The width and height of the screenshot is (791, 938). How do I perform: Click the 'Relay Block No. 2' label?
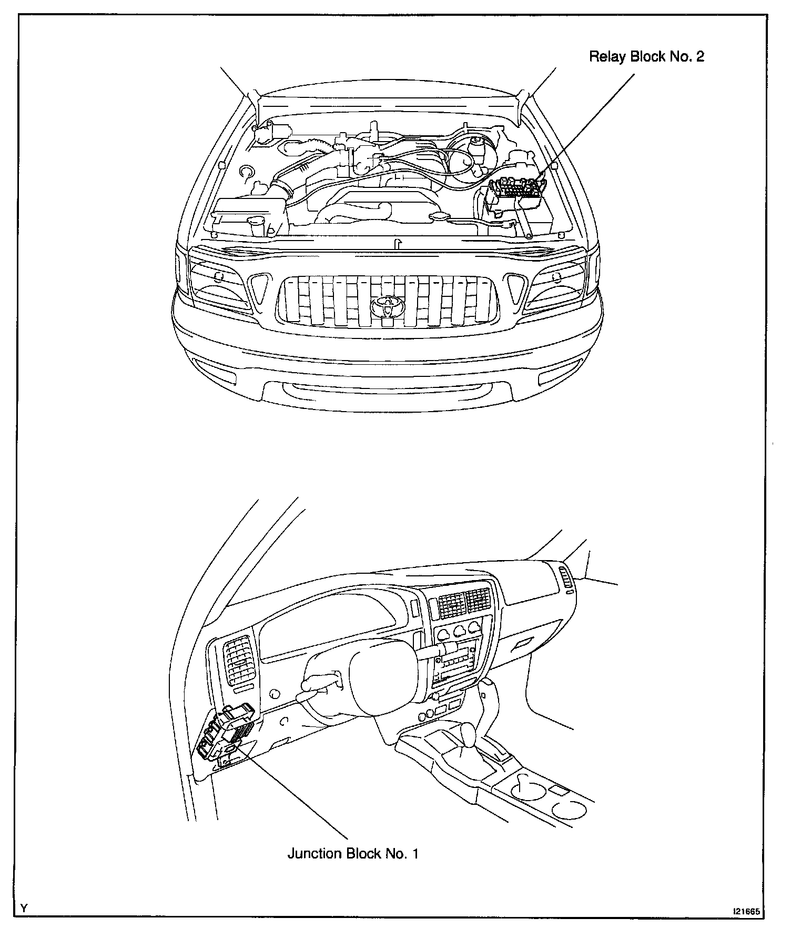646,57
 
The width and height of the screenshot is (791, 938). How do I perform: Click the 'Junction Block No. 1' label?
352,853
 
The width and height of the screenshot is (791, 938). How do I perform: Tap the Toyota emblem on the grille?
387,306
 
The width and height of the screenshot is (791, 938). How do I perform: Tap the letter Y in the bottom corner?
24,909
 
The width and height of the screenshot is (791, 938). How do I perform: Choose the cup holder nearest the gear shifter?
526,784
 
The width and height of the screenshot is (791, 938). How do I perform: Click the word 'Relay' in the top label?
607,57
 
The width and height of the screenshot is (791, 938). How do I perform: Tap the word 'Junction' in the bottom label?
314,853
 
